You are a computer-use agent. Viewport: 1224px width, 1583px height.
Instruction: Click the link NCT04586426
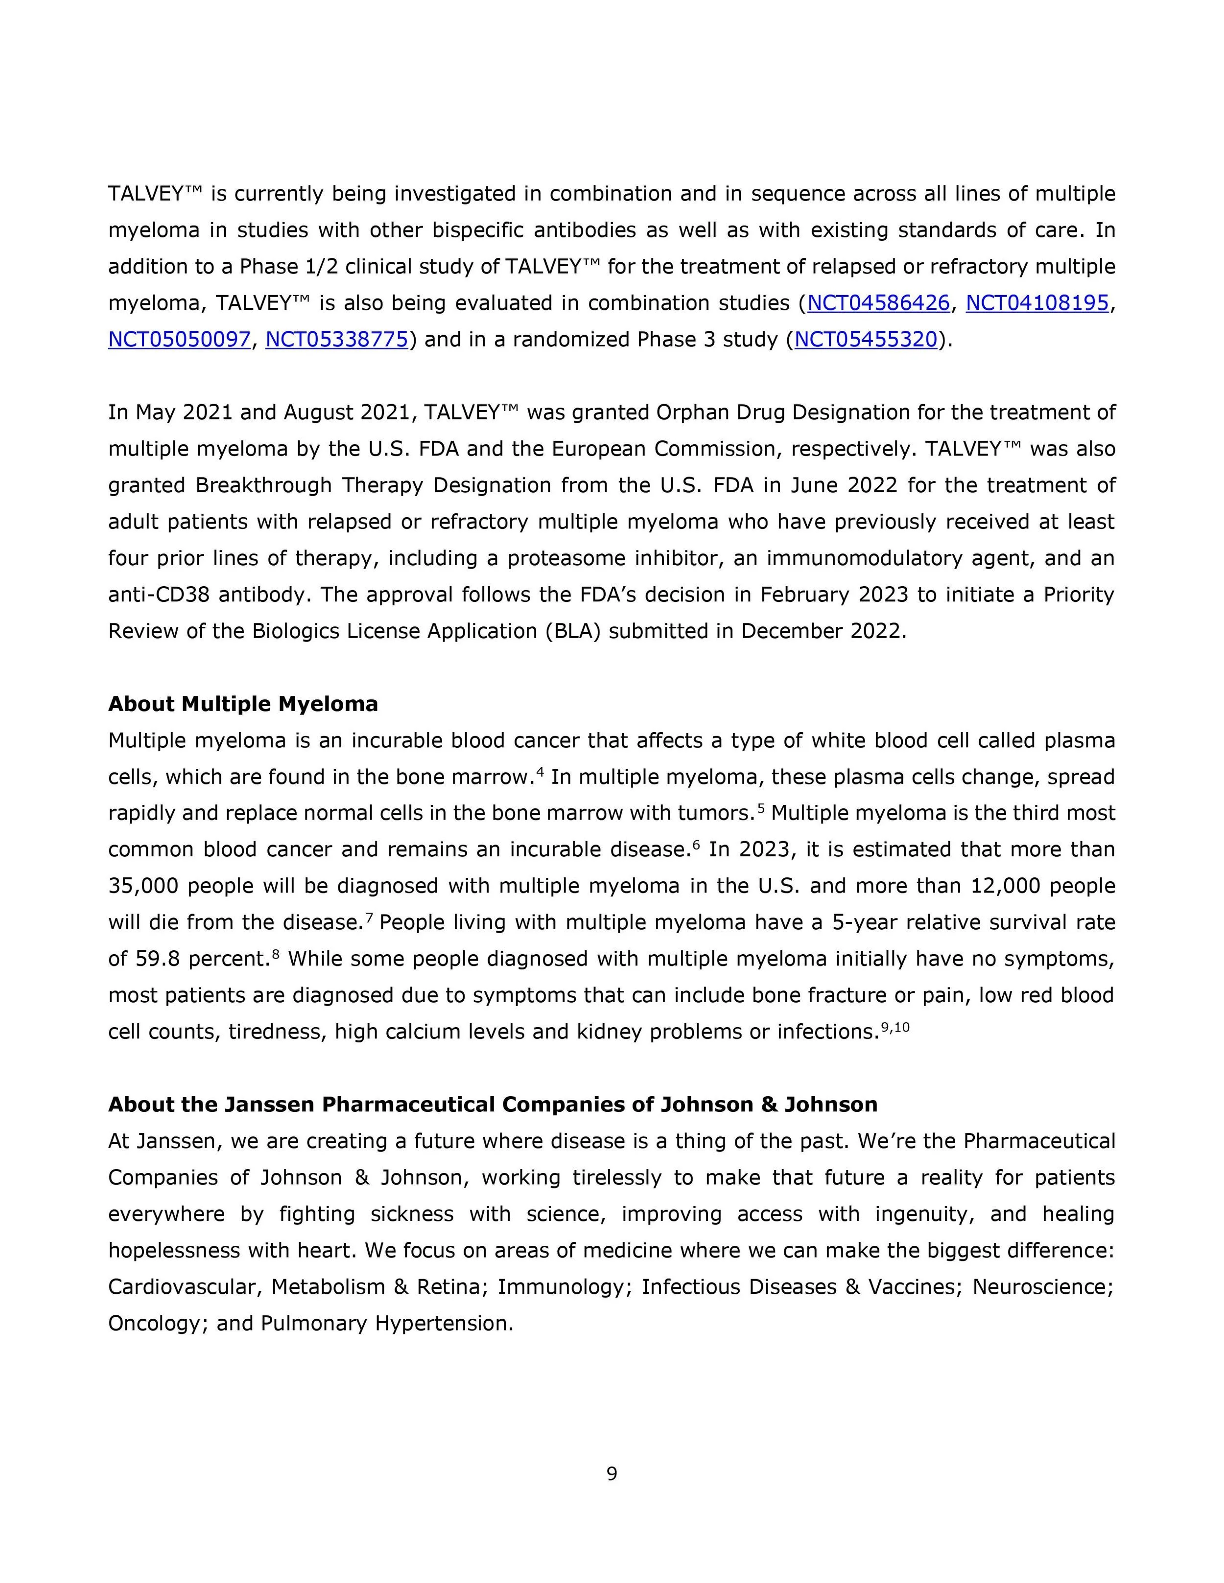pyautogui.click(x=878, y=303)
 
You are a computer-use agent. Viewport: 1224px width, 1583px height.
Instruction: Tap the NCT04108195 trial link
pyautogui.click(x=1037, y=303)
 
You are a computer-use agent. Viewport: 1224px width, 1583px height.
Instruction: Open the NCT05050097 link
pyautogui.click(x=179, y=339)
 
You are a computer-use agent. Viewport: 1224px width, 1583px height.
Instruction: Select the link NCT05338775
pyautogui.click(x=336, y=339)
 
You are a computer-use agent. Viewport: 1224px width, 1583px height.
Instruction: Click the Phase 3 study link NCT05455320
pyautogui.click(x=866, y=339)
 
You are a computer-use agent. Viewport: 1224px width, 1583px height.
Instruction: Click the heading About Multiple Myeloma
pyautogui.click(x=243, y=704)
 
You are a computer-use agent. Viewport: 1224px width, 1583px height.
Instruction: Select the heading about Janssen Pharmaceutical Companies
pyautogui.click(x=493, y=1104)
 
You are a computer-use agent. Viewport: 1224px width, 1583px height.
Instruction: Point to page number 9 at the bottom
pyautogui.click(x=612, y=1473)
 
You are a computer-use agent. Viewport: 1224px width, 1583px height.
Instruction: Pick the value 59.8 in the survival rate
pyautogui.click(x=158, y=959)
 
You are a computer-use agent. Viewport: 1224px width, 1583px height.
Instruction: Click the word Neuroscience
pyautogui.click(x=1041, y=1286)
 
